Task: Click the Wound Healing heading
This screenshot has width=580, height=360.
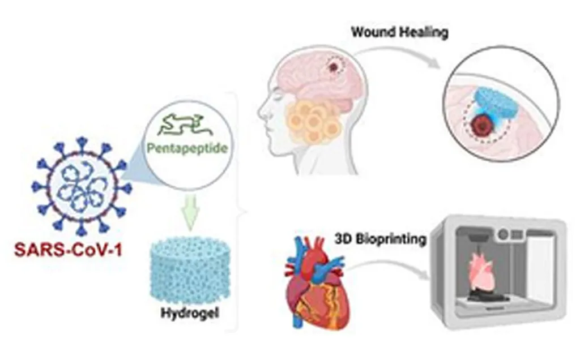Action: [399, 32]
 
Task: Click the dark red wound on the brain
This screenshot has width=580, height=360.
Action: [334, 67]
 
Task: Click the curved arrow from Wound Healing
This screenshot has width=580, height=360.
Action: [396, 54]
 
